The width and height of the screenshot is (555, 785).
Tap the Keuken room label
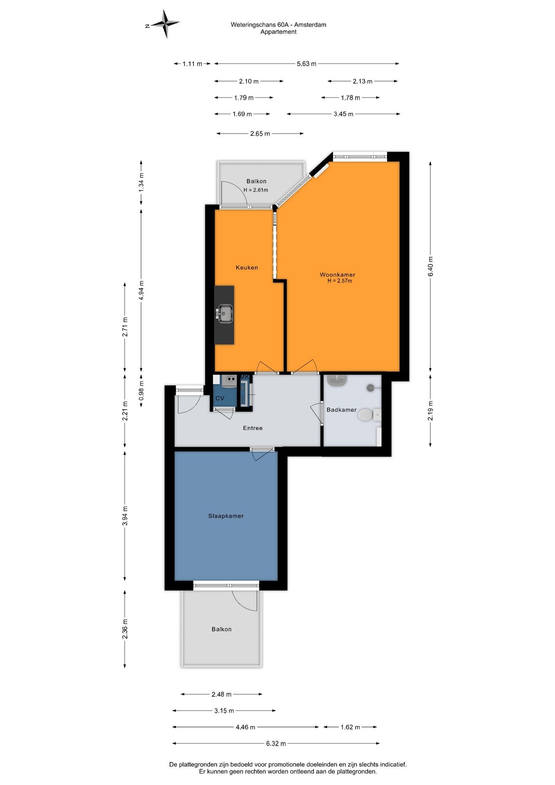[247, 267]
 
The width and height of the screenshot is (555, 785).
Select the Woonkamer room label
[338, 275]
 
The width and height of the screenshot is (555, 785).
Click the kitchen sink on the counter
[224, 314]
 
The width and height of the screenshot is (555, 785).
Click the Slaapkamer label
[226, 516]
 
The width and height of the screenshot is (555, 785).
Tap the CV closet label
[220, 398]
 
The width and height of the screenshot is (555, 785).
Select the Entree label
[253, 428]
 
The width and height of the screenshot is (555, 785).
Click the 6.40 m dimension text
[430, 267]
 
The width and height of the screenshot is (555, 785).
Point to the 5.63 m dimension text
[307, 64]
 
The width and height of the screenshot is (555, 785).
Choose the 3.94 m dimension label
[125, 516]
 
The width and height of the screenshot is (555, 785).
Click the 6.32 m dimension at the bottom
[276, 743]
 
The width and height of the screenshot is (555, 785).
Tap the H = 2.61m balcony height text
[256, 190]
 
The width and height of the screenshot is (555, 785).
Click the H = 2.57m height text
[340, 281]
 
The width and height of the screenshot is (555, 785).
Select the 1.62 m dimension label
[350, 727]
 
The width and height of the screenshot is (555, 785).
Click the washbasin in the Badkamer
[338, 380]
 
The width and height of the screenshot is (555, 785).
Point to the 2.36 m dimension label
[125, 629]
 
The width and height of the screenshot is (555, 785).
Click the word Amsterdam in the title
[310, 25]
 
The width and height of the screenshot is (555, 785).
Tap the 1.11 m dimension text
[192, 64]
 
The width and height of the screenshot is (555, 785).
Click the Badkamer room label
[342, 410]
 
